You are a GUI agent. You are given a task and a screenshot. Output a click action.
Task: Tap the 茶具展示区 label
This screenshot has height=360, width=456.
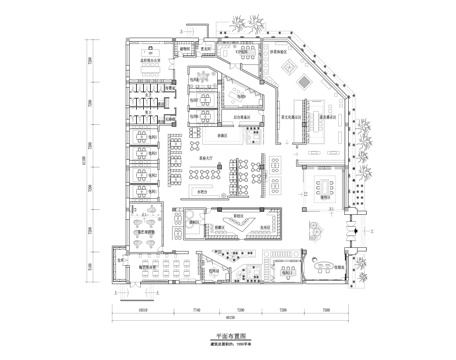tap(322, 115)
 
